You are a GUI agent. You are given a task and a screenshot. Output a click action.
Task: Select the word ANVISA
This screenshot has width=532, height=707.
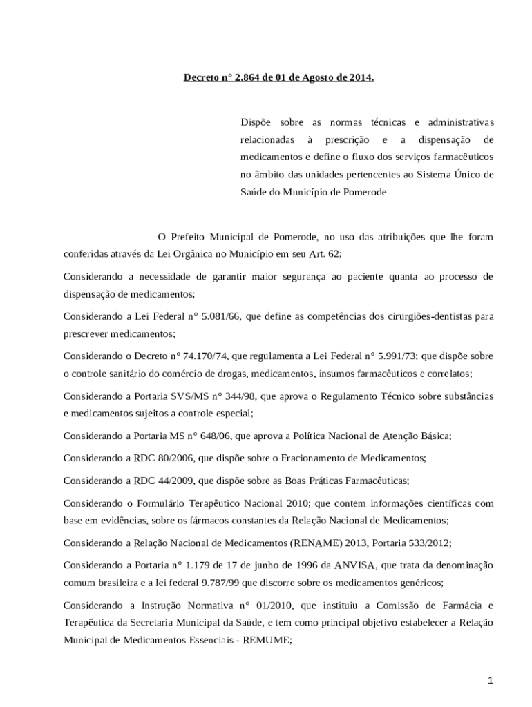tap(354, 565)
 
